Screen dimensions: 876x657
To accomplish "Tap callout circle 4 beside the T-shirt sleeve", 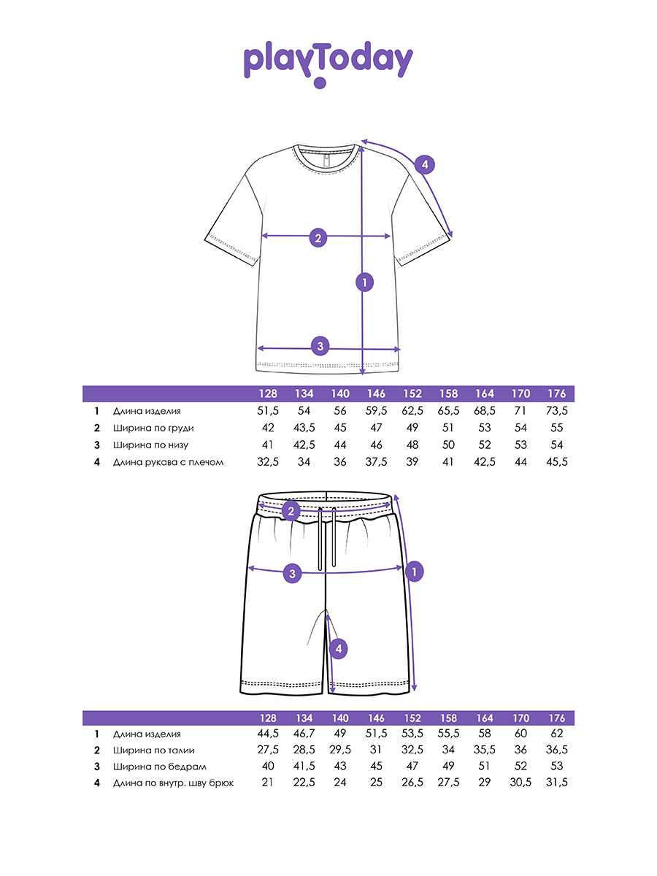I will (425, 165).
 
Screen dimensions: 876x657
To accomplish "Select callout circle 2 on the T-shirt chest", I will (318, 237).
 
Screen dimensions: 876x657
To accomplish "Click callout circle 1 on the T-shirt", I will (364, 282).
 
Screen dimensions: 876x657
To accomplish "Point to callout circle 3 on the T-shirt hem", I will (319, 346).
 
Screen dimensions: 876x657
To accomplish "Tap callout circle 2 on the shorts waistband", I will (291, 511).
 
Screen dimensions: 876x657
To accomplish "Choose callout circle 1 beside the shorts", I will (414, 572).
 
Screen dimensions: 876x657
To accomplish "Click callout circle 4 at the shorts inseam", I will (337, 648).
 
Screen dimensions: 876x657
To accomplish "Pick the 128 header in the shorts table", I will (268, 718).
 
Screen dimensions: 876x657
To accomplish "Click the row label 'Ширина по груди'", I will (153, 429).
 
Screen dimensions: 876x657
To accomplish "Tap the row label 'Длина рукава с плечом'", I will (168, 462).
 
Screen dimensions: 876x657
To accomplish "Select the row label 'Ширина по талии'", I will (154, 750).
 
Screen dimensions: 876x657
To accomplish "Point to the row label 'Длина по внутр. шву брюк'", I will (173, 784).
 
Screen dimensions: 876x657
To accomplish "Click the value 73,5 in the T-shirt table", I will (556, 412).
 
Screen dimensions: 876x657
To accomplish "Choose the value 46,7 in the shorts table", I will (304, 734).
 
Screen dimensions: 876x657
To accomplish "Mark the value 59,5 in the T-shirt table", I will (375, 412).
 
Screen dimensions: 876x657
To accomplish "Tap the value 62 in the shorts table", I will (556, 734).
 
